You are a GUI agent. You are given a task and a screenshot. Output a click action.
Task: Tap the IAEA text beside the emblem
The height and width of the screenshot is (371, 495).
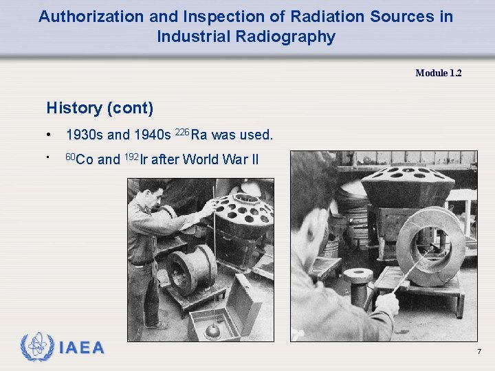coord(82,348)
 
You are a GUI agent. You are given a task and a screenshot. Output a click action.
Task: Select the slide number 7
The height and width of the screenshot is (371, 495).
coord(479,352)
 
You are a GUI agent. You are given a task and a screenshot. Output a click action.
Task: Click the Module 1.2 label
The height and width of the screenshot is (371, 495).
coord(438,73)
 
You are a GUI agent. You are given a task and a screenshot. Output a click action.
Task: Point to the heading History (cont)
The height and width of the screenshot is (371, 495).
coord(100,108)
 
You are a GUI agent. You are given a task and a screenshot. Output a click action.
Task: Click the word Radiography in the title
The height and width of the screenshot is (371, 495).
coord(289,36)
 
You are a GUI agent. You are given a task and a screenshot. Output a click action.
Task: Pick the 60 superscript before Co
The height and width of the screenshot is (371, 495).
coord(69,155)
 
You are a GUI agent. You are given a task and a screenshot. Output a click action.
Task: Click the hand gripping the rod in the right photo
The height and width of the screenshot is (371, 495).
coord(386,302)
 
